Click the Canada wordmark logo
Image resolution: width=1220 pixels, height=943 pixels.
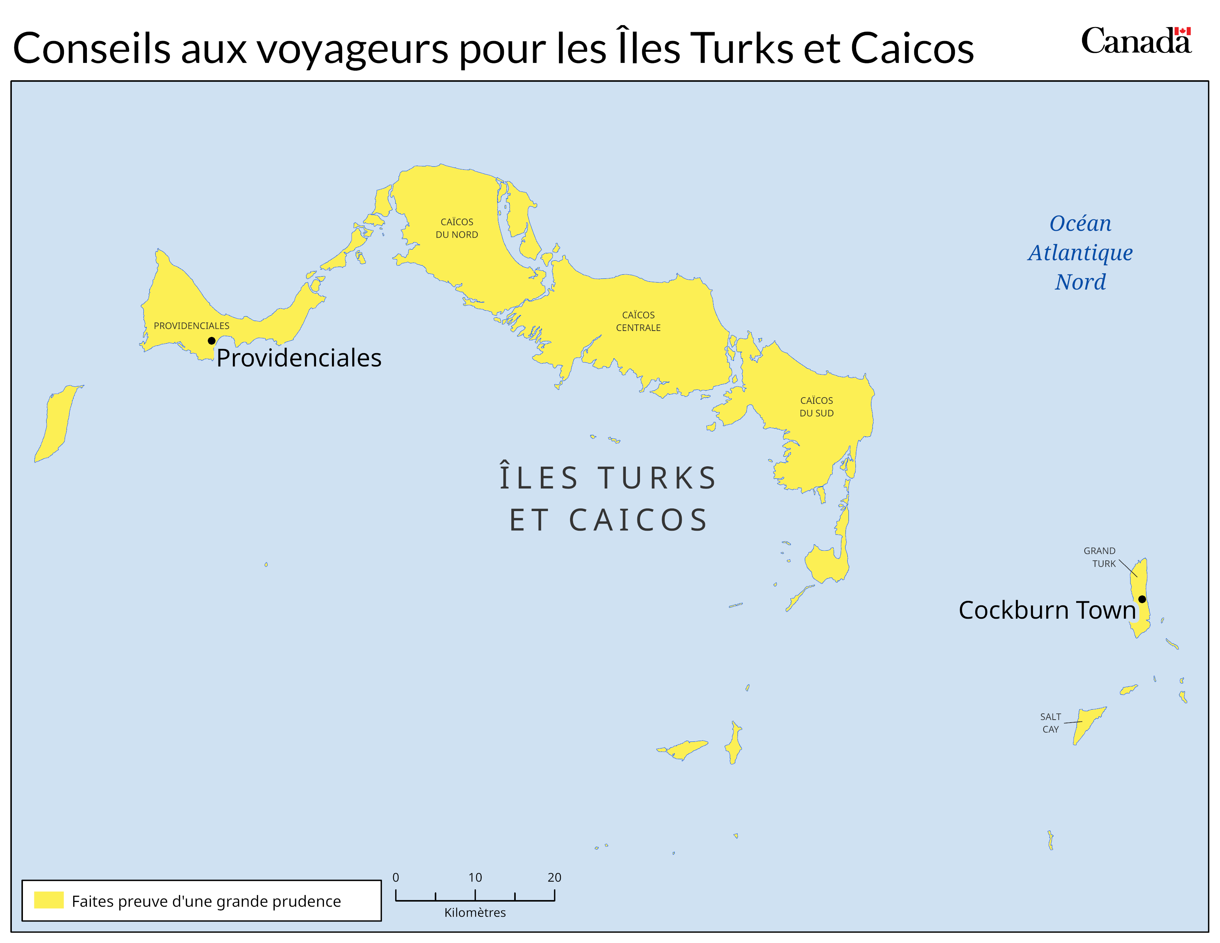[1136, 41]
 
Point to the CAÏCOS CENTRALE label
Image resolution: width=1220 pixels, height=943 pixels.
[638, 321]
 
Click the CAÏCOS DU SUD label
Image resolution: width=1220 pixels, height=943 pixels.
[816, 407]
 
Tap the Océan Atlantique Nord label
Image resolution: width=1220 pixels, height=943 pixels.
[1080, 253]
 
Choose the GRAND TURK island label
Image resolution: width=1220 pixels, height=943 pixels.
[1100, 557]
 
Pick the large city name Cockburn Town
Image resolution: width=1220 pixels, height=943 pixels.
[1047, 610]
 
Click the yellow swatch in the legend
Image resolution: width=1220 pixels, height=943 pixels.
[48, 900]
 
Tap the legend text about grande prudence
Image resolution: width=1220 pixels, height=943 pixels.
[206, 901]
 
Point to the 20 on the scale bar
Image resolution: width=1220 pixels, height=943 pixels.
[554, 877]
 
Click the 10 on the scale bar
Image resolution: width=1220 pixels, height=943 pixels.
[475, 877]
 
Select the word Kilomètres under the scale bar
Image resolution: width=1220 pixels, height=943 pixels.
[475, 913]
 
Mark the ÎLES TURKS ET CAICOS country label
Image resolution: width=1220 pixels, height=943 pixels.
[608, 499]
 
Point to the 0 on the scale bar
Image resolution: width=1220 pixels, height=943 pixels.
[396, 877]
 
